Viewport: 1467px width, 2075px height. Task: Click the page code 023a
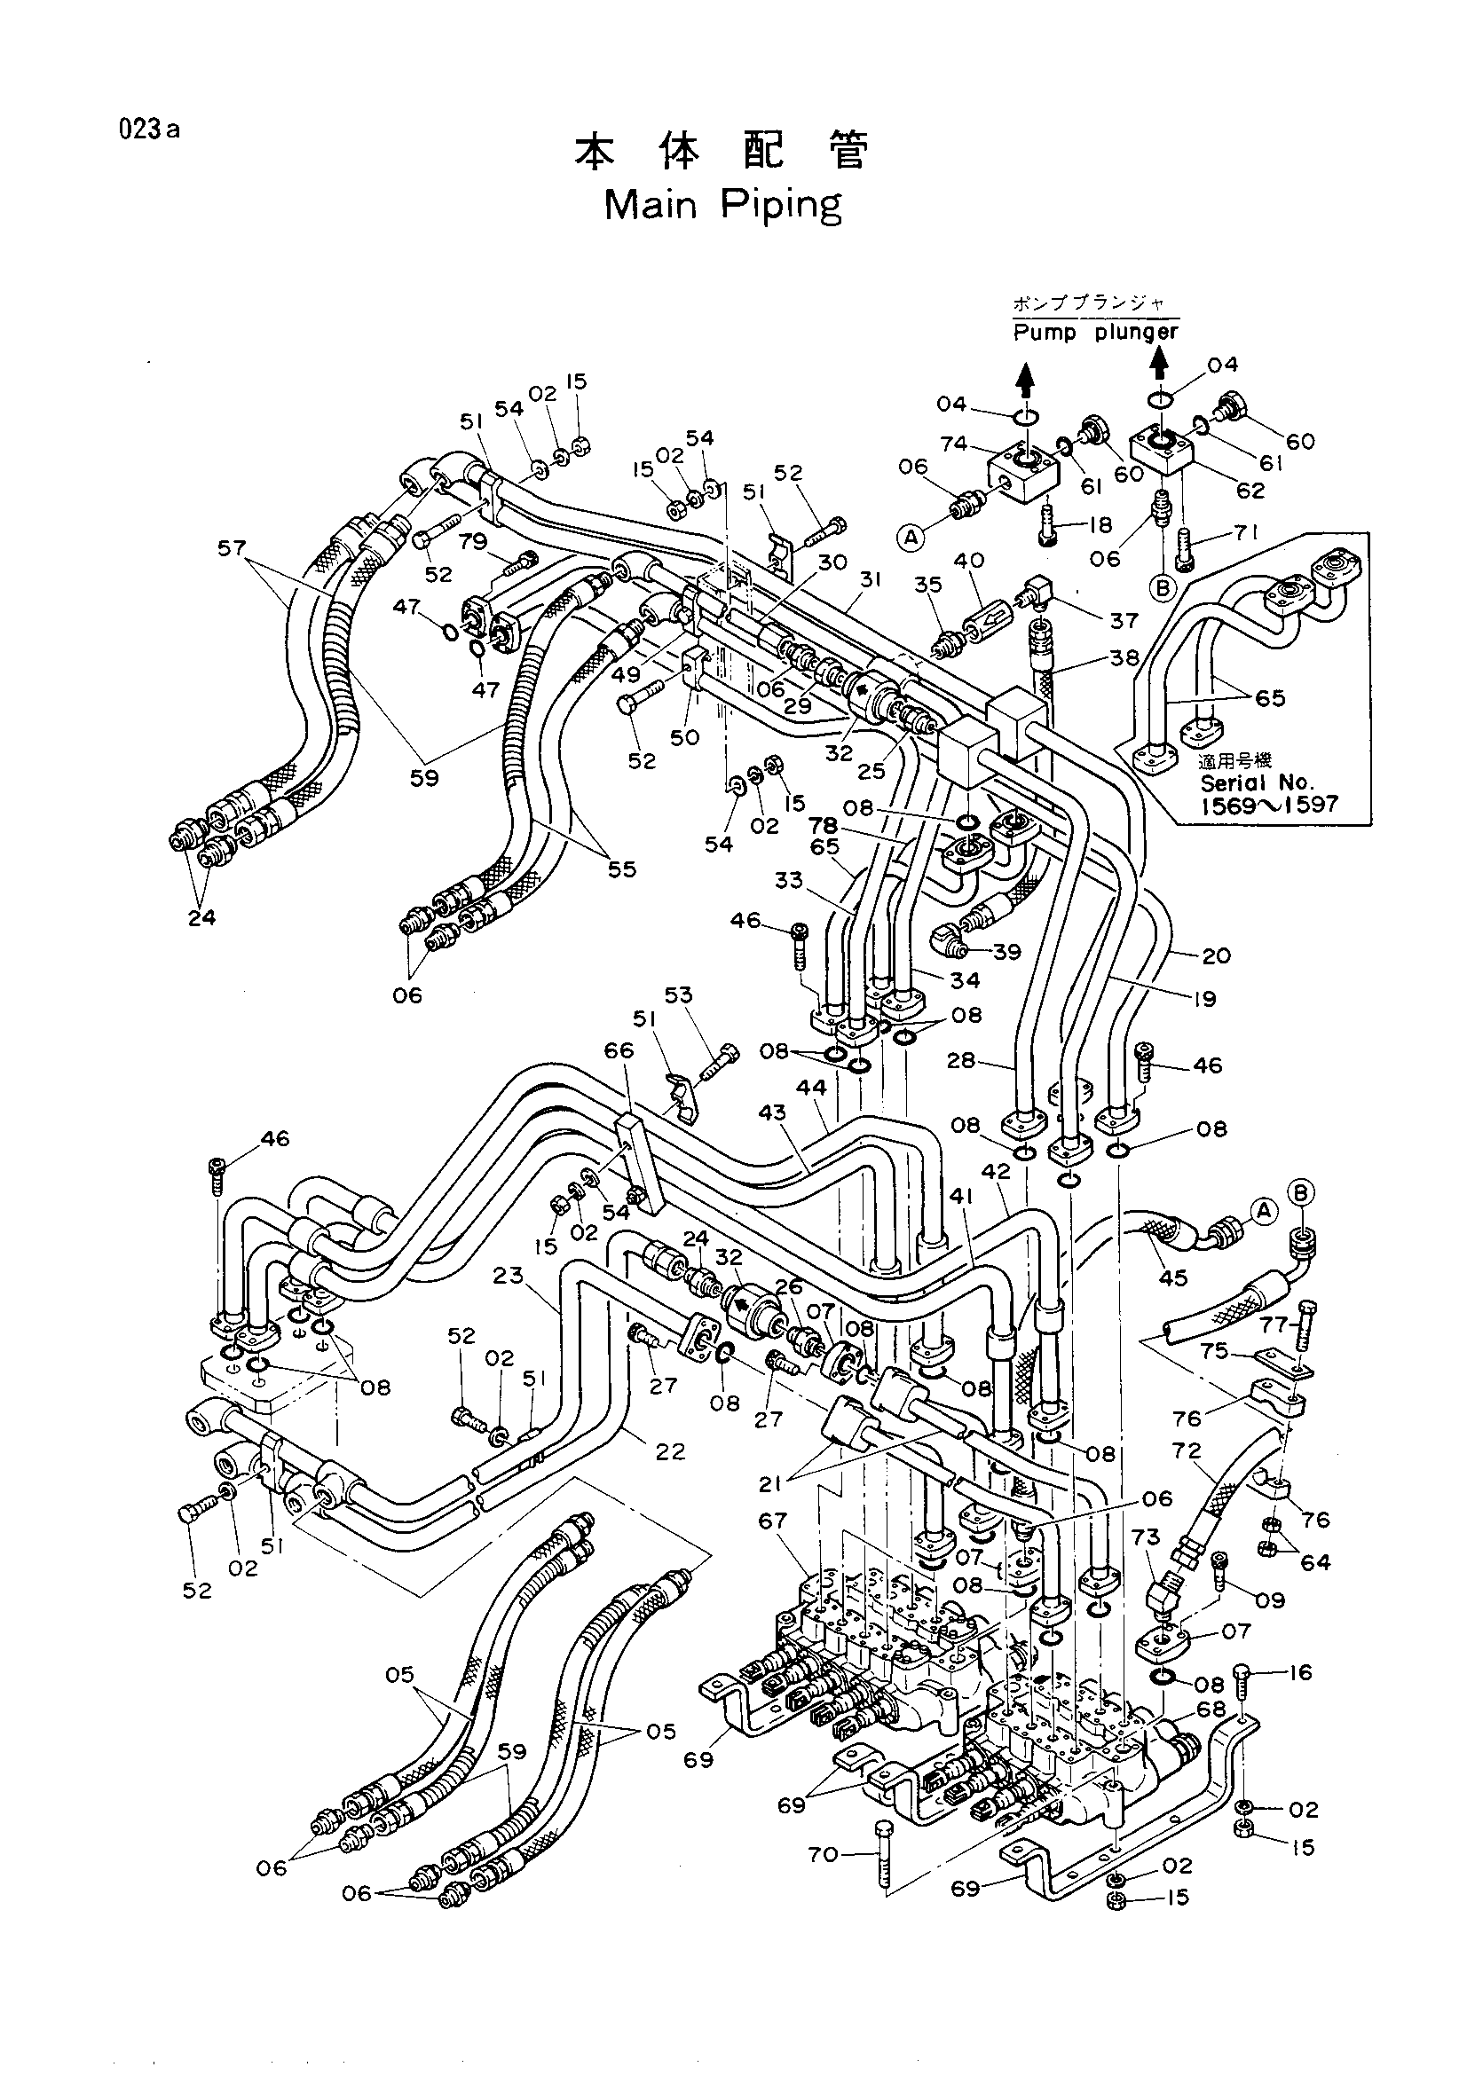[x=148, y=130]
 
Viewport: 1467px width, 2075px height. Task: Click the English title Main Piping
[x=722, y=206]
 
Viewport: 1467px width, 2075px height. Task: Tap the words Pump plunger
[x=1095, y=333]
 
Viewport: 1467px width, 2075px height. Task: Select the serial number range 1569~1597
[x=1269, y=805]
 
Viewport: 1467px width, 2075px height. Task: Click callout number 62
[x=1251, y=491]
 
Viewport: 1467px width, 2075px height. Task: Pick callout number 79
[x=473, y=541]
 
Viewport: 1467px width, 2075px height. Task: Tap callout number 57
[x=232, y=546]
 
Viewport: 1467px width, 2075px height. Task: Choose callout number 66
[x=619, y=1050]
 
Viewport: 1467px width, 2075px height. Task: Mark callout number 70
[x=824, y=1854]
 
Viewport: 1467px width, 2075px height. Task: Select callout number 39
[x=1006, y=952]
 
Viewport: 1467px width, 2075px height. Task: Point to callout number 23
[x=509, y=1275]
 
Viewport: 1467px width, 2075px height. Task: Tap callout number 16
[x=1300, y=1673]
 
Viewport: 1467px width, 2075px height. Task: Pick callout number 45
[x=1174, y=1279]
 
